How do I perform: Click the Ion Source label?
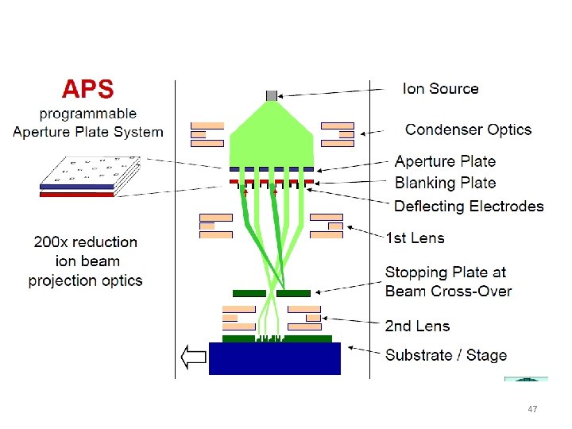440,88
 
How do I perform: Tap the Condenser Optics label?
468,129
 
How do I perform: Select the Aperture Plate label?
445,161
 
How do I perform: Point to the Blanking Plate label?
445,183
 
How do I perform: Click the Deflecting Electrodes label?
469,206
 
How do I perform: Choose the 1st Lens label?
415,237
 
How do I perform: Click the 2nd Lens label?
417,326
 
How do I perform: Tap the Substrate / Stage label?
446,354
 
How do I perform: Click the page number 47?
532,409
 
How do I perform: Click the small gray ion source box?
272,95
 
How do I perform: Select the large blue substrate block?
274,358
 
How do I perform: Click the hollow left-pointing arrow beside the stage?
193,357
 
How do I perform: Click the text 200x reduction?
85,242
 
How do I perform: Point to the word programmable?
88,114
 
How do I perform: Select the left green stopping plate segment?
249,293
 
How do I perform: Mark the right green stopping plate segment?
293,293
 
